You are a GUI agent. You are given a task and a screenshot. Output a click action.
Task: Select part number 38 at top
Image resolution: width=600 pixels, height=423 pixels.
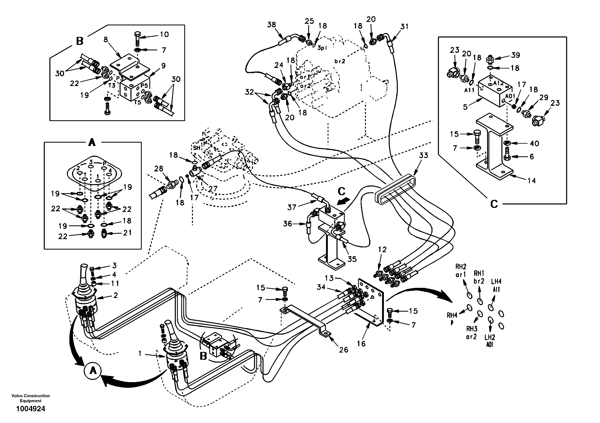pos(272,25)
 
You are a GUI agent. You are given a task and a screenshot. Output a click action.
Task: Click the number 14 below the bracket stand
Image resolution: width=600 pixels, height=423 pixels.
pos(531,180)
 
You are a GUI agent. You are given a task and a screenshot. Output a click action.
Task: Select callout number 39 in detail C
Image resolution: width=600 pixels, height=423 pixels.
pos(516,55)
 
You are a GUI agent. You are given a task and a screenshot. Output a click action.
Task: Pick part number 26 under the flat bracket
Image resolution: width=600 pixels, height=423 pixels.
pos(343,350)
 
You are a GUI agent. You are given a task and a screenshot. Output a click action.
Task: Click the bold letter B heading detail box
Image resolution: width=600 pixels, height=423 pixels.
pos(79,41)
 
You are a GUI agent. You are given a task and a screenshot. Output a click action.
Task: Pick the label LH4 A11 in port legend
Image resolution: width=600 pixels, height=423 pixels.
pos(496,285)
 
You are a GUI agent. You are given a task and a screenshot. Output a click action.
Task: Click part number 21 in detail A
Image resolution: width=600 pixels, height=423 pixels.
pos(127,232)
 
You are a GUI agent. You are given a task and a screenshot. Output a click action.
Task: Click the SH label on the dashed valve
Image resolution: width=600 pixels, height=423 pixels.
pos(197,148)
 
